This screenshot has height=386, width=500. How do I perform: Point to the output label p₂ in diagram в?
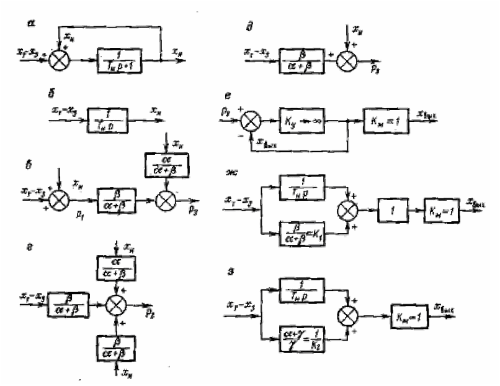[x=194, y=211]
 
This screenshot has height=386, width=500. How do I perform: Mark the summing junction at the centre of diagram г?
[x=115, y=305]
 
